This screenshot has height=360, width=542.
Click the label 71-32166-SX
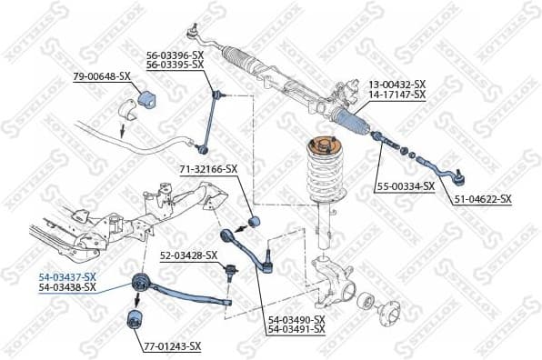coord(206,168)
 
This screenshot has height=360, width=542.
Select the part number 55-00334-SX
coord(407,187)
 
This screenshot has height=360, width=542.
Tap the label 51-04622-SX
coord(482,198)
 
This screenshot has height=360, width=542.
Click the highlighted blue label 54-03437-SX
coord(65,276)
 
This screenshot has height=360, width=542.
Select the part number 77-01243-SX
coord(172,346)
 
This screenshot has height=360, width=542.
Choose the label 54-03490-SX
coord(296,319)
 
